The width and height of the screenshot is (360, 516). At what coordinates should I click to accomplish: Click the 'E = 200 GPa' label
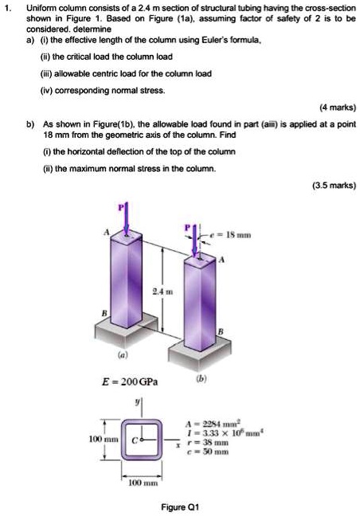127,381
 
